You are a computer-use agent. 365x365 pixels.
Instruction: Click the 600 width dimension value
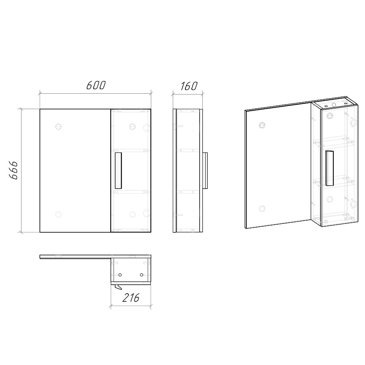click(x=96, y=86)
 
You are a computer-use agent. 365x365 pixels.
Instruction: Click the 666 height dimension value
click(x=13, y=170)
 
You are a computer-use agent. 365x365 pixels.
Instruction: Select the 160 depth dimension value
click(x=189, y=86)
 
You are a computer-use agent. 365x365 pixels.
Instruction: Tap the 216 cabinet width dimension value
click(x=131, y=298)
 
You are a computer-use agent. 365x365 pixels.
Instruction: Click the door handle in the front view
click(x=118, y=170)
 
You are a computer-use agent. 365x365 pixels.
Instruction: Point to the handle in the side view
click(x=205, y=170)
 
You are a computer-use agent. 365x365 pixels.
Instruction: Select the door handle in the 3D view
click(x=329, y=168)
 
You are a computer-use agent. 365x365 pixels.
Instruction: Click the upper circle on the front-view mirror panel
click(x=58, y=127)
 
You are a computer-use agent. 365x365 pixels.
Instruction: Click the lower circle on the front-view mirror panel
click(x=58, y=215)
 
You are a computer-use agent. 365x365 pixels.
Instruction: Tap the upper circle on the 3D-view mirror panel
click(x=262, y=125)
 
